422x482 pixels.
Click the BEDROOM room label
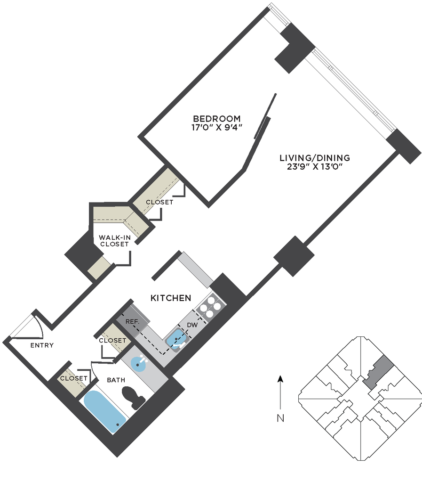[217, 118]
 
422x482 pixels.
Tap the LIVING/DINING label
[315, 158]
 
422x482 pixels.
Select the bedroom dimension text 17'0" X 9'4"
[217, 127]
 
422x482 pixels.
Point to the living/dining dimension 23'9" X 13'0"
[315, 167]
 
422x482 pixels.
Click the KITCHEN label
[171, 298]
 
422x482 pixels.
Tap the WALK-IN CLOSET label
[114, 241]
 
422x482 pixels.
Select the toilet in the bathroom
[134, 398]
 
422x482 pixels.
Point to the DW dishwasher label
[192, 325]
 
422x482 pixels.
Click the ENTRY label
[42, 345]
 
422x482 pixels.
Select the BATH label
[116, 380]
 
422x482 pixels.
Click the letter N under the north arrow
[280, 418]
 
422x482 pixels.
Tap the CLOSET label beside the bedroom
[159, 202]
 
